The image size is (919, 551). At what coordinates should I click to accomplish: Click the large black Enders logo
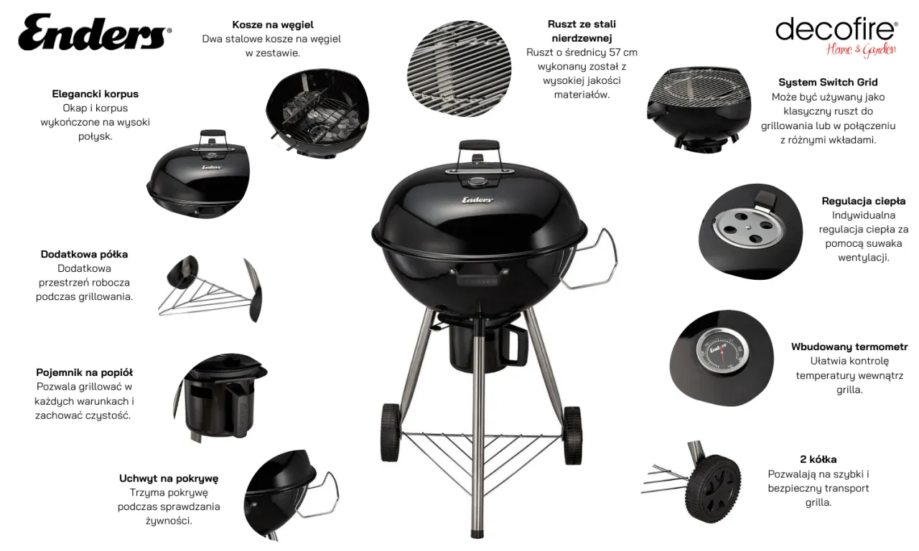tap(95, 32)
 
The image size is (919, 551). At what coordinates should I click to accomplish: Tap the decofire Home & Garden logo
tap(836, 37)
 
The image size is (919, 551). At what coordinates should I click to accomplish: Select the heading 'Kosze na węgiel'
tap(273, 24)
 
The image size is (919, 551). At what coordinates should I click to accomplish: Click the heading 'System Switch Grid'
tap(828, 82)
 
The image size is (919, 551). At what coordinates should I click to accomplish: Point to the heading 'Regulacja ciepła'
tap(863, 201)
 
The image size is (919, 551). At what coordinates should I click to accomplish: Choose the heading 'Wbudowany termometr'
tap(849, 347)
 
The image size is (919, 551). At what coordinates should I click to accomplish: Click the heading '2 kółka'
tap(818, 459)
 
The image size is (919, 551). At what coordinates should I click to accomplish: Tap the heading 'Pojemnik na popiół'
tap(84, 372)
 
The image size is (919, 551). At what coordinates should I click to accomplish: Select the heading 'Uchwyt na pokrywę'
tap(169, 479)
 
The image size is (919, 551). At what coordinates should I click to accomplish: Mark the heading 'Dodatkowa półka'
tap(84, 254)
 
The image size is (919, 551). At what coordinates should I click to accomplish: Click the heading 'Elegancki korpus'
tap(95, 94)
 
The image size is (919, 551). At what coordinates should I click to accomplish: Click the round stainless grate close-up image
tap(459, 68)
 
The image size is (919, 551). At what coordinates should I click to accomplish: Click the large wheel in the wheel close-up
tap(713, 489)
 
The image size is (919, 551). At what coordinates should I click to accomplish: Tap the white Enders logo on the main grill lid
tap(477, 200)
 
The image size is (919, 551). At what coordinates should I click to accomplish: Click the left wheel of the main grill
tap(390, 433)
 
